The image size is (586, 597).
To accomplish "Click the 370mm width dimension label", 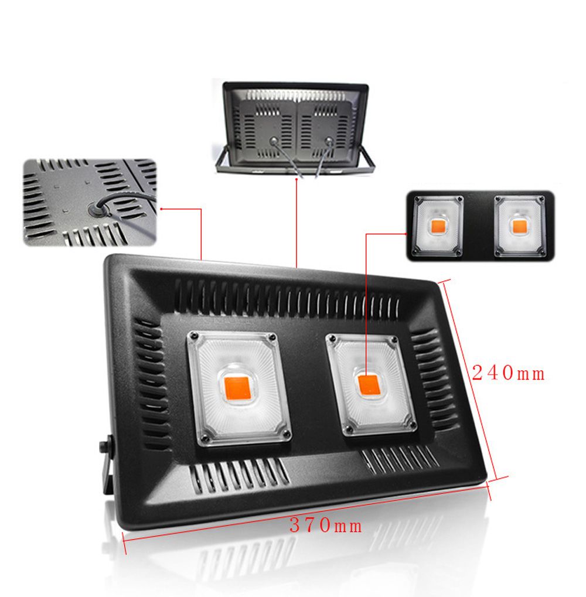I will [326, 526].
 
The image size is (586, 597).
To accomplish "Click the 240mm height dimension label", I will [509, 373].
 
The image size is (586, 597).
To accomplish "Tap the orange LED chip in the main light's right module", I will [369, 384].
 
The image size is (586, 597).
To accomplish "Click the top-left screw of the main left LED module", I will [192, 337].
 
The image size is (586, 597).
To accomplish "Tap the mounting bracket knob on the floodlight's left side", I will [105, 446].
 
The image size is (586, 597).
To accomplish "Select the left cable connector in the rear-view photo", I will [272, 141].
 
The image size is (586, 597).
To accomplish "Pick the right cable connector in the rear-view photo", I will [329, 141].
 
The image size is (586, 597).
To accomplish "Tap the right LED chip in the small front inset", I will [518, 226].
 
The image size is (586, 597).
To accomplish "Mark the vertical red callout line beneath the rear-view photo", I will [297, 223].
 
